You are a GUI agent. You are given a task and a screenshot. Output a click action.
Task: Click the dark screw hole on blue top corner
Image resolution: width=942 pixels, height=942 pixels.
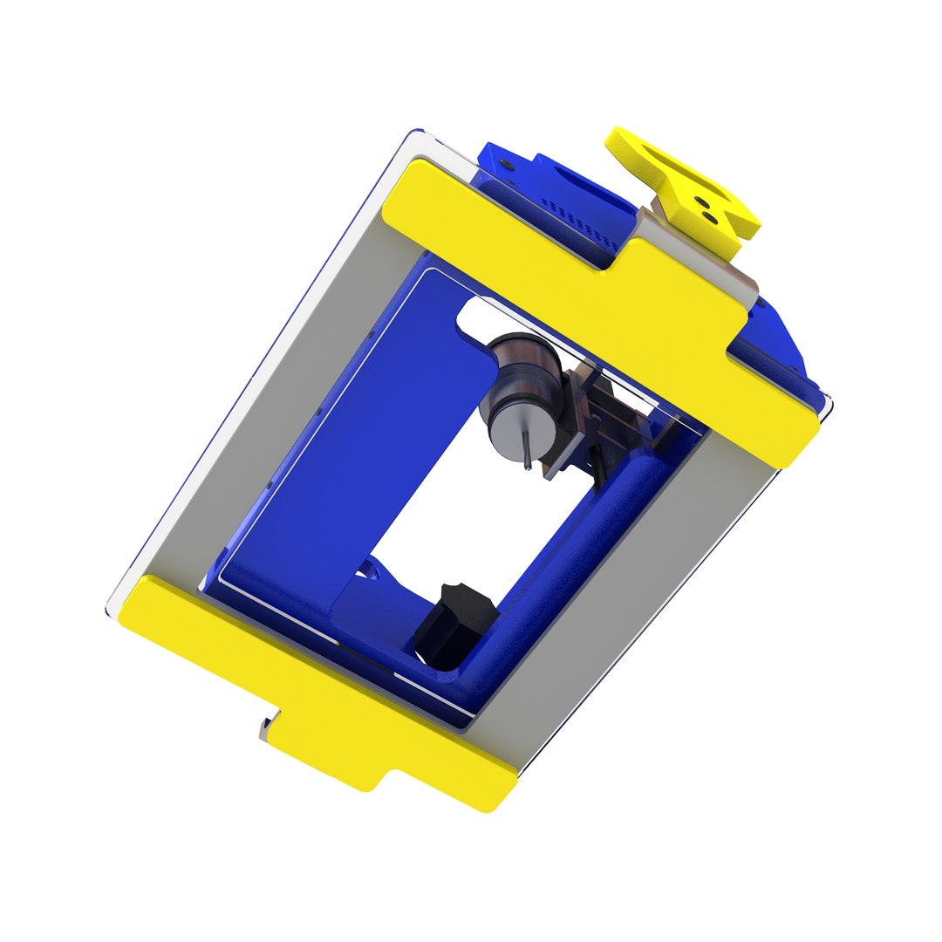510,162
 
